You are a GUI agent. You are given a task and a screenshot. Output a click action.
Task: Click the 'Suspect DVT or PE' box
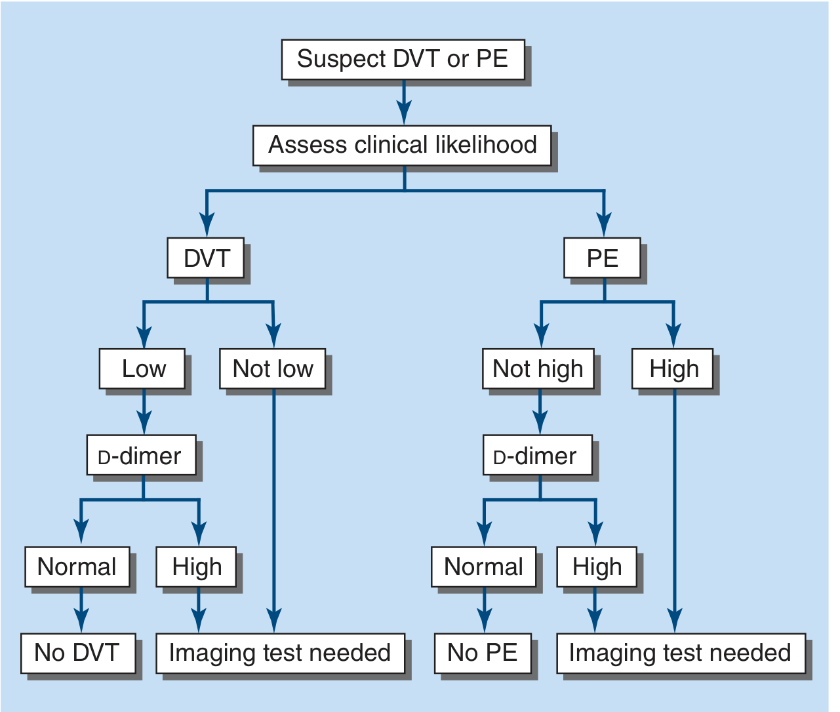point(403,59)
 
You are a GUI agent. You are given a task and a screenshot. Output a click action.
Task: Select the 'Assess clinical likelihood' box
point(402,146)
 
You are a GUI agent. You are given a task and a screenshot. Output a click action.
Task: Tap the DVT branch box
point(206,258)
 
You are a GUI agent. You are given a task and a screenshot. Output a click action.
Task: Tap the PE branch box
point(602,258)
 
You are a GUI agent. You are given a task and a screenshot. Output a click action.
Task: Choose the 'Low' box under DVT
point(142,368)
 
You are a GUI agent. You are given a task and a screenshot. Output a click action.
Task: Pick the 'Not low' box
point(273,368)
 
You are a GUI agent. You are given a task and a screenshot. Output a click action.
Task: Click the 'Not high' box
point(538,368)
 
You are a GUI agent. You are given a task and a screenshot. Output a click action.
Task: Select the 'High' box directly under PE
point(672,368)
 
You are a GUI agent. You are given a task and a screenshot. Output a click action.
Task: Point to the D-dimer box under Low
point(142,455)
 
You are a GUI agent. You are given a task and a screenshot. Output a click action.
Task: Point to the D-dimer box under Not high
point(538,455)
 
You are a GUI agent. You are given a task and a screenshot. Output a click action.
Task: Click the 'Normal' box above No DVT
point(77,567)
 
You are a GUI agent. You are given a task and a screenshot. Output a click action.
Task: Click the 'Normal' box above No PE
point(483,567)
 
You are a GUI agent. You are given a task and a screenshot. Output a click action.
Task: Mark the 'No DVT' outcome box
point(78,653)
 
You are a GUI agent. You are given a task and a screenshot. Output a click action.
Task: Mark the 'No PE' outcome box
point(483,653)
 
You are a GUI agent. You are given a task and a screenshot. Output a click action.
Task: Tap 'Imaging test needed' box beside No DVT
point(281,653)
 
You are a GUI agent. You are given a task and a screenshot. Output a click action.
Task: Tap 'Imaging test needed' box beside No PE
point(681,653)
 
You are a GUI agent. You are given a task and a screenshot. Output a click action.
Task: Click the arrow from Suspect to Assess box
point(404,102)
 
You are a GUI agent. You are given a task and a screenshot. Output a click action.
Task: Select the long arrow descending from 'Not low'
point(274,511)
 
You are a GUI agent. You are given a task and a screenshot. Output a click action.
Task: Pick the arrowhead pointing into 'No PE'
point(485,620)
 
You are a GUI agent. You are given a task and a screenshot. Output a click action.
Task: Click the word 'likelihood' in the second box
point(486,145)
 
